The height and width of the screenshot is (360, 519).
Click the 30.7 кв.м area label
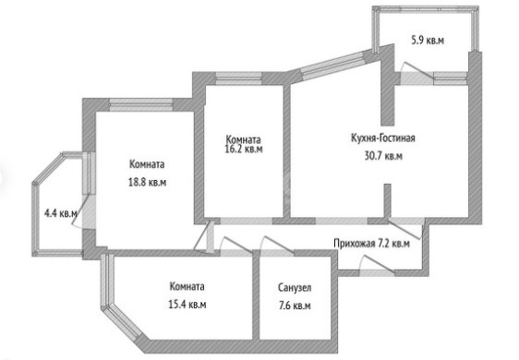coord(383,155)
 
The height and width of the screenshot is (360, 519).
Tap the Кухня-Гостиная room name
coord(383,138)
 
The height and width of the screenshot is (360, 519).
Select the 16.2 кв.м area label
coord(244,149)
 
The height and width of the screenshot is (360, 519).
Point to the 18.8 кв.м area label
coord(147,182)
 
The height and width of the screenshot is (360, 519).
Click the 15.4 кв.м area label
coord(187,304)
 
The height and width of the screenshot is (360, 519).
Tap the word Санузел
coord(295,287)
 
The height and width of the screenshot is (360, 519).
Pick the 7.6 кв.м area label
coord(295,306)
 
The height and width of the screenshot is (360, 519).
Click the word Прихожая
coord(355,244)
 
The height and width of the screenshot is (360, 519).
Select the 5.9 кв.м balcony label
coord(428,41)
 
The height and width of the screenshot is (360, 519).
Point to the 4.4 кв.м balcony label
coord(61,213)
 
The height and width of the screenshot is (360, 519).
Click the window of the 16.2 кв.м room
coord(238,78)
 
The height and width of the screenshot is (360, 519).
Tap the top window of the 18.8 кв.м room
coord(141,104)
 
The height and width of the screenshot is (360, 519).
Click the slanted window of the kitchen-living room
coord(333,66)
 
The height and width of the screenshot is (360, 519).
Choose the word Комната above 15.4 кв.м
coord(187,286)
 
